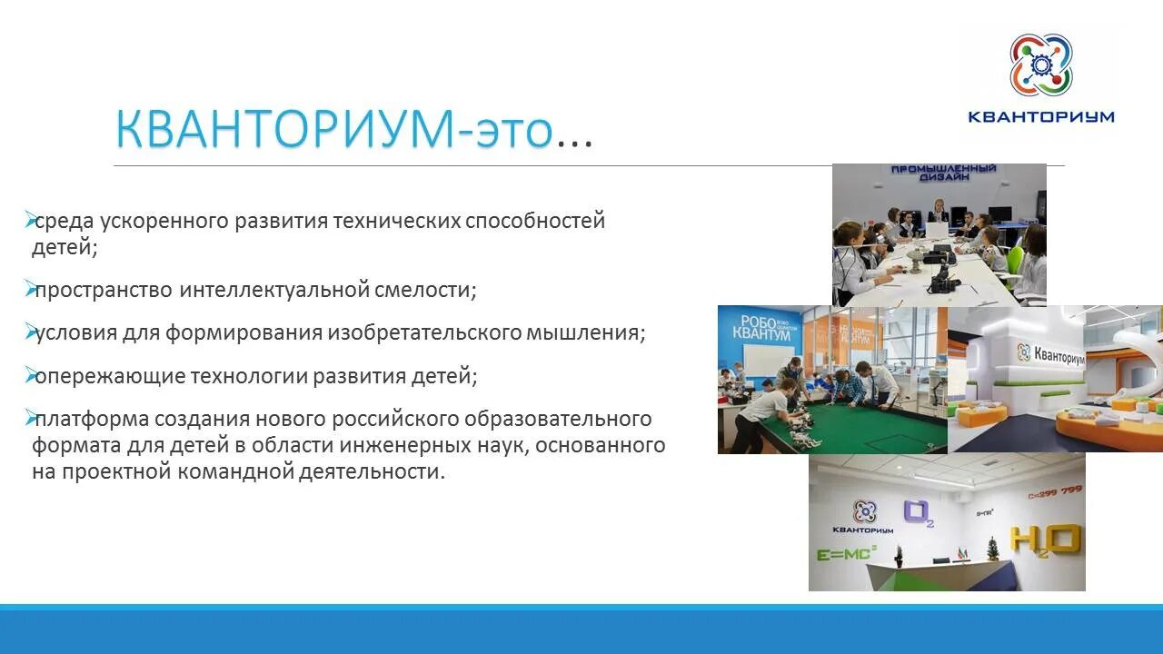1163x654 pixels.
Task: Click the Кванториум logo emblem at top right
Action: pyautogui.click(x=1040, y=64)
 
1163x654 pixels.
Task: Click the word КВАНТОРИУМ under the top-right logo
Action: pyautogui.click(x=1040, y=116)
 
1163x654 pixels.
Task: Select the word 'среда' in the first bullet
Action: pyautogui.click(x=64, y=221)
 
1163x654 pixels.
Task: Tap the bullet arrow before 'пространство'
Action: pyautogui.click(x=29, y=289)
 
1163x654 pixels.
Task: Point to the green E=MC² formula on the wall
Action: pyautogui.click(x=846, y=552)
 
